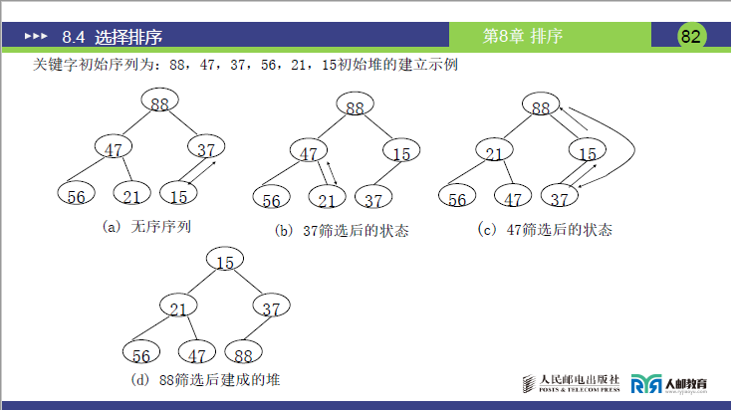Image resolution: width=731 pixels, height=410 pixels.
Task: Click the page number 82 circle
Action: tap(691, 37)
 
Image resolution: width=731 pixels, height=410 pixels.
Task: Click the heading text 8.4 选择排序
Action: tap(112, 38)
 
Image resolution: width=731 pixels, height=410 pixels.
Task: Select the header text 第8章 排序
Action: tap(523, 37)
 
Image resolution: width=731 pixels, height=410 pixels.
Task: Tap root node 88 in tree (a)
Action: tap(160, 102)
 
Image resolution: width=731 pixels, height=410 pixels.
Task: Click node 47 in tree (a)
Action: tap(113, 149)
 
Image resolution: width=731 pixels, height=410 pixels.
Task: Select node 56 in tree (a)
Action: tap(76, 195)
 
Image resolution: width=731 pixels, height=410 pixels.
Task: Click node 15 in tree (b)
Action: tap(400, 153)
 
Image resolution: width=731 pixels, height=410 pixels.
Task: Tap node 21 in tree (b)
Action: tap(327, 200)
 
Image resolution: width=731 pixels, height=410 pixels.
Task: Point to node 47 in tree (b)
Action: tap(310, 153)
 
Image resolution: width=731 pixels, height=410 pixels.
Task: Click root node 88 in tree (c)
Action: tap(540, 107)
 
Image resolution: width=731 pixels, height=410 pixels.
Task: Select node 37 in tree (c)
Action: tap(561, 198)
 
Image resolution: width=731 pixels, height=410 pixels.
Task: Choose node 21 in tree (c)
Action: tap(492, 153)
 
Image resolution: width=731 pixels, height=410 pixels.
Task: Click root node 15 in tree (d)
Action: tap(225, 262)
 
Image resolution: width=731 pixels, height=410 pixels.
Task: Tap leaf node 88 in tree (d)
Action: tap(242, 354)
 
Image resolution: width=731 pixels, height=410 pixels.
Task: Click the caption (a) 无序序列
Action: tap(147, 227)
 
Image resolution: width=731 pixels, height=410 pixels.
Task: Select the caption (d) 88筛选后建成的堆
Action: tap(212, 380)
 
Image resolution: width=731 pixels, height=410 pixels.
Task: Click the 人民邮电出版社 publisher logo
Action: tap(573, 383)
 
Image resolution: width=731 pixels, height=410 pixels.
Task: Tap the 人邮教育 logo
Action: tap(669, 383)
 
